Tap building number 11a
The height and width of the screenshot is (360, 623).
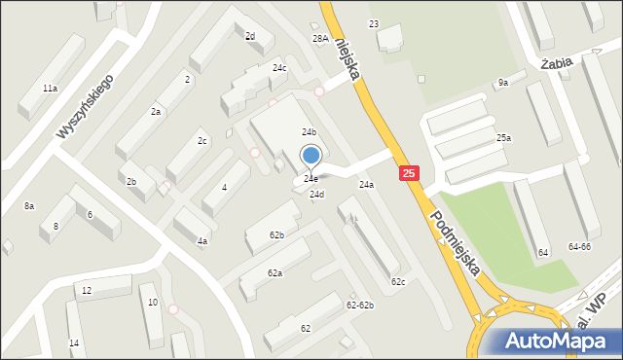tap(50, 88)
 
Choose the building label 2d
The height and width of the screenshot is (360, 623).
tap(250, 36)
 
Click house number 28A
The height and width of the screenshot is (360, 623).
tap(319, 38)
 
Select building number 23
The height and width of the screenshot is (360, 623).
tap(374, 23)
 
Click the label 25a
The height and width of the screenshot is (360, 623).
tap(503, 138)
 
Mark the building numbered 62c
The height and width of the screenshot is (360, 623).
tap(397, 281)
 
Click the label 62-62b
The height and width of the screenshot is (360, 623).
tap(359, 305)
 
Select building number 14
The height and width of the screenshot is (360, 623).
tap(74, 343)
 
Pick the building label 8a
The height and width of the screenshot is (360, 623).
tap(29, 205)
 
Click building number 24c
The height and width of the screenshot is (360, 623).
tap(279, 68)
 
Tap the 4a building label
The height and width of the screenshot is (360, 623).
tap(202, 240)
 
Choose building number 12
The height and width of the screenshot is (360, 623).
tap(87, 291)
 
